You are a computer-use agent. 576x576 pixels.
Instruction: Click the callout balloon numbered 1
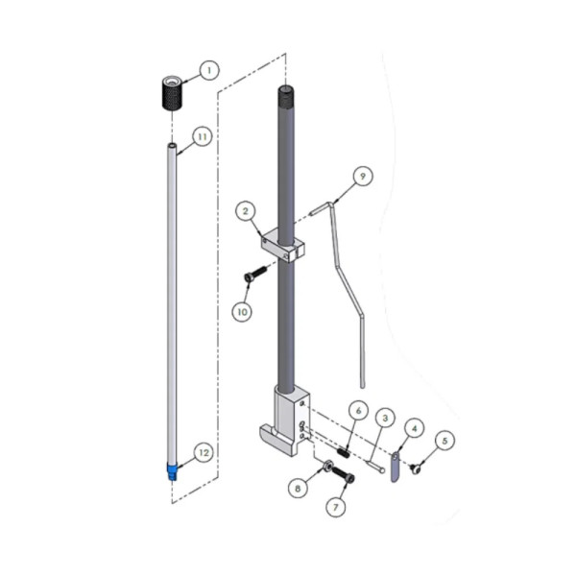pyautogui.click(x=209, y=70)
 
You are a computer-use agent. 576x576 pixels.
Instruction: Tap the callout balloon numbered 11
pyautogui.click(x=203, y=136)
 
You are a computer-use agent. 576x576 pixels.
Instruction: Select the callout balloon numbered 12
pyautogui.click(x=204, y=453)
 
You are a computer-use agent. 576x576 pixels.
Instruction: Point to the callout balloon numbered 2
pyautogui.click(x=246, y=211)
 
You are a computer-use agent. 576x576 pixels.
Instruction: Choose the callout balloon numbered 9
pyautogui.click(x=363, y=176)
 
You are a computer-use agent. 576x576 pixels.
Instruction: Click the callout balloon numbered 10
pyautogui.click(x=243, y=312)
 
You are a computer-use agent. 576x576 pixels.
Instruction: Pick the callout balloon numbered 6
pyautogui.click(x=358, y=411)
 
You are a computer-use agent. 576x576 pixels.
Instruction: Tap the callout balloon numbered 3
pyautogui.click(x=385, y=418)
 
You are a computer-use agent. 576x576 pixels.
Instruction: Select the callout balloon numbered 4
pyautogui.click(x=415, y=428)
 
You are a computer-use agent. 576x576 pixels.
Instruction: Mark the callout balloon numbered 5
pyautogui.click(x=444, y=441)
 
